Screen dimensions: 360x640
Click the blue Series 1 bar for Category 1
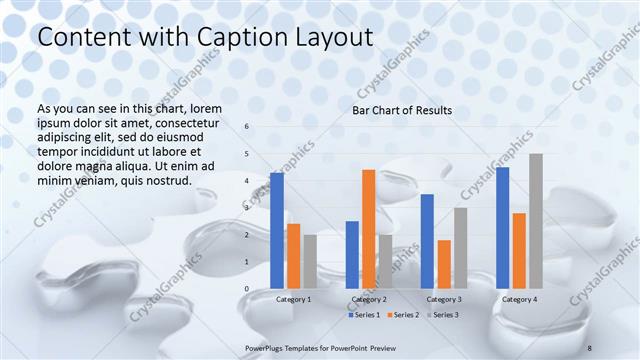coord(277,231)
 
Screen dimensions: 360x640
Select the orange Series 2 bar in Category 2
coord(368,229)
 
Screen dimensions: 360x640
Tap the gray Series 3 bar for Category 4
coord(536,221)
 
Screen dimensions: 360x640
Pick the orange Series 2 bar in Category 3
coord(444,264)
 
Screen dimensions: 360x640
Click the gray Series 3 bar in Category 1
coord(310,262)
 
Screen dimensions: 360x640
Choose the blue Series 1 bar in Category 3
coord(427,241)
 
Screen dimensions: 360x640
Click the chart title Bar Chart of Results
coord(402,110)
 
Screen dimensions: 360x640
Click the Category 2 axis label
coord(368,299)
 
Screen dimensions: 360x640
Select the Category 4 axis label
coord(519,299)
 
